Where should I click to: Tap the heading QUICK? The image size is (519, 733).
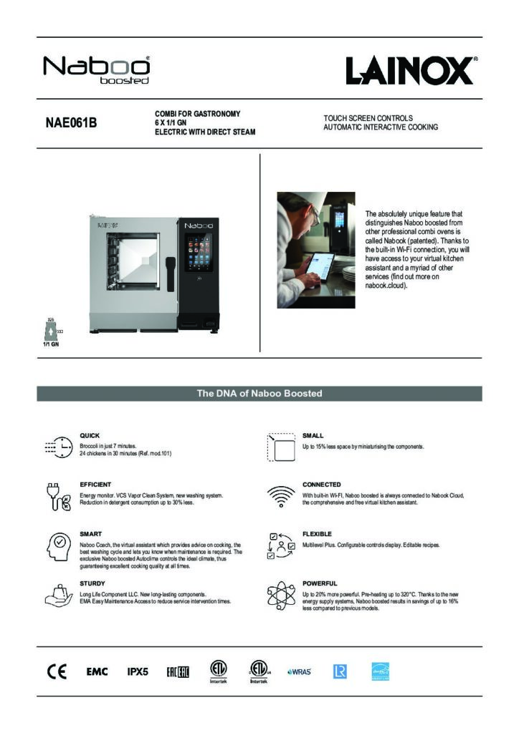tap(90, 435)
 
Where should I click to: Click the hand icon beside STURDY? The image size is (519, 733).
tap(59, 594)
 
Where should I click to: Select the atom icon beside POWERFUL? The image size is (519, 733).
tap(281, 596)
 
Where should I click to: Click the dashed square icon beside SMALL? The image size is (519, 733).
tap(281, 447)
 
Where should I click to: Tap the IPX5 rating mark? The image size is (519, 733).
tap(138, 671)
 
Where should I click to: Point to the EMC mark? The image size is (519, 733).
tap(97, 671)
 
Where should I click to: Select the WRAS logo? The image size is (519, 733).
tap(299, 671)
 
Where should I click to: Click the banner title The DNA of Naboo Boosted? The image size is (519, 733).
tap(259, 394)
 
